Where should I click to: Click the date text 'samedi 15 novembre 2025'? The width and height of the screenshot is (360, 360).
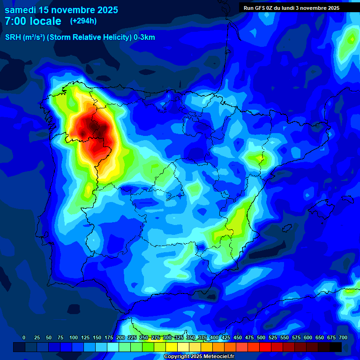point(61,10)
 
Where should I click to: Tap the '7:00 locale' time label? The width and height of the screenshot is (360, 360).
point(33,21)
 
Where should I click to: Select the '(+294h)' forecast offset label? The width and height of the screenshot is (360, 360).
point(83,21)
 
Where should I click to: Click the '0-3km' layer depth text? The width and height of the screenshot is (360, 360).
point(144,37)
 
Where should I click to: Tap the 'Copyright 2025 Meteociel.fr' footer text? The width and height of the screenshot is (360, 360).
point(199,357)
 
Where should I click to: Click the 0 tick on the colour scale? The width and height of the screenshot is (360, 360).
point(24,337)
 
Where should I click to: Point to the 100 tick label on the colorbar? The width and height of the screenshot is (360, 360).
point(74,337)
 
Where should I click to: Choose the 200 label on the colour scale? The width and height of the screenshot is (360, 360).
point(120,337)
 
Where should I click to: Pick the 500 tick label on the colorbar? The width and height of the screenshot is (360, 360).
point(261,337)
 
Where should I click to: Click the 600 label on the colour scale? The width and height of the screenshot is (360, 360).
point(308,337)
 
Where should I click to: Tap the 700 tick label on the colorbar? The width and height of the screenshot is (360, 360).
point(343,337)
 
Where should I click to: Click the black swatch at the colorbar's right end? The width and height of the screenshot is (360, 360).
point(336,347)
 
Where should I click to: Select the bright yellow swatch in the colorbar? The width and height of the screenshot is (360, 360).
point(172,347)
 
